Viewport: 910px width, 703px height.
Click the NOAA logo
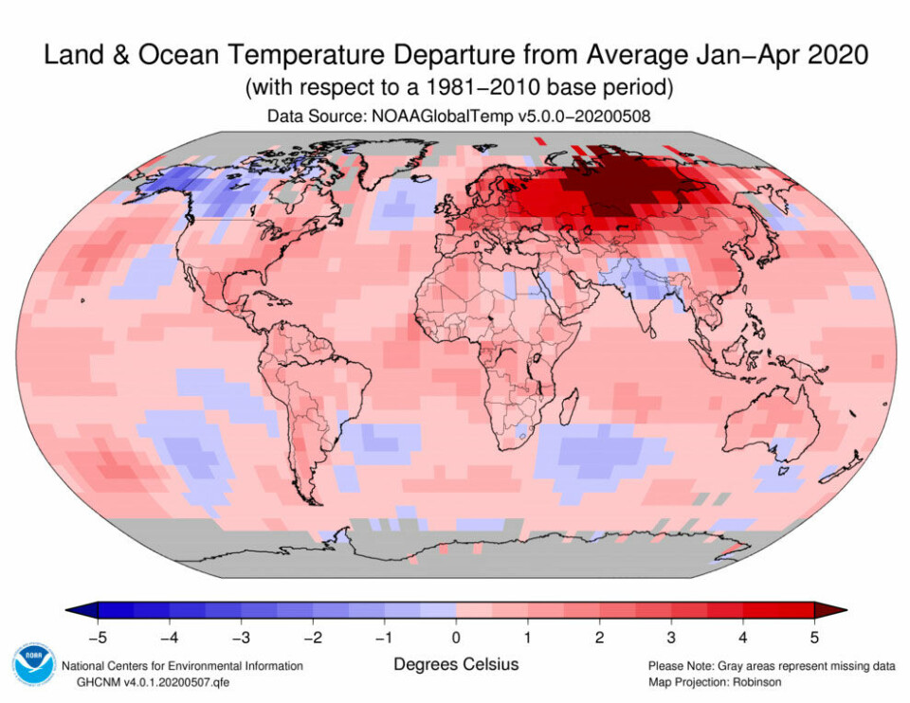click(x=32, y=661)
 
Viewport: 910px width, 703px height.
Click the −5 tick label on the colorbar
click(x=97, y=636)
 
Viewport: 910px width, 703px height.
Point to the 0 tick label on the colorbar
click(x=455, y=636)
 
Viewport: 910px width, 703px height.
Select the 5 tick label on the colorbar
click(x=813, y=636)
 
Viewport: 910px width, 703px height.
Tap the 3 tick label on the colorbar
click(x=670, y=636)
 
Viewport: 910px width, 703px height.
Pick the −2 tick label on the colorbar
click(x=312, y=636)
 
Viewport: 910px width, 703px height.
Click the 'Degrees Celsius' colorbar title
click(x=456, y=664)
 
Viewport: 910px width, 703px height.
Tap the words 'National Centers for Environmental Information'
click(x=182, y=666)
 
